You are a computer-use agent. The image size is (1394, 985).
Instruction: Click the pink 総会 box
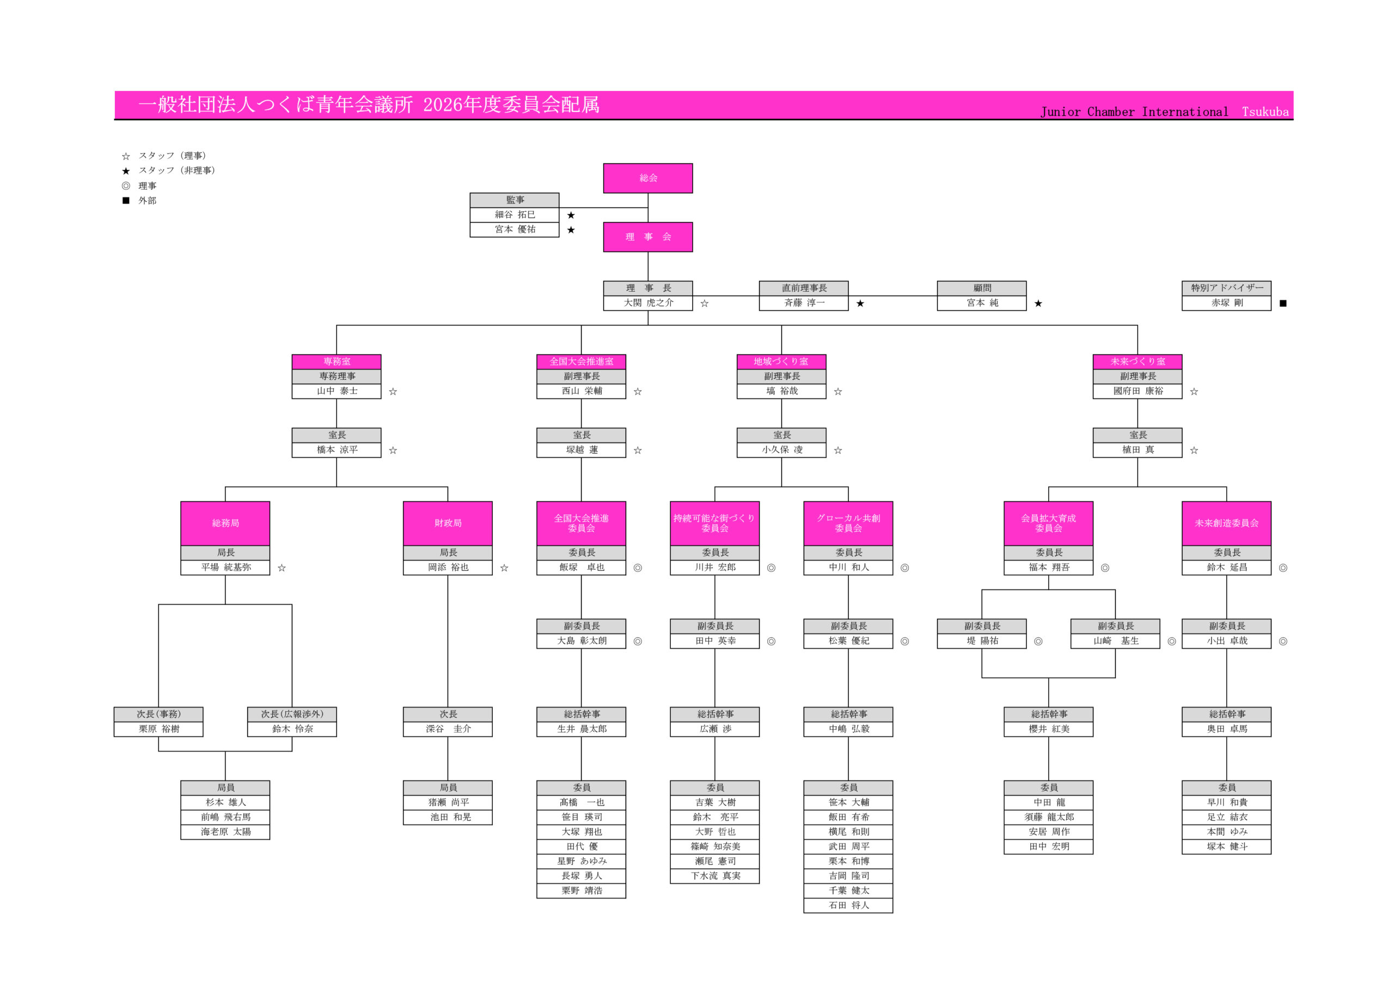pos(648,178)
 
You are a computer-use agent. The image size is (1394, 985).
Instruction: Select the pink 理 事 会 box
pos(648,237)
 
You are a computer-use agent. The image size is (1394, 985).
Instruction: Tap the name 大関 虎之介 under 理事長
pos(648,303)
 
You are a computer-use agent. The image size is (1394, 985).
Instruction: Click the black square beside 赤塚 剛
pos(1283,304)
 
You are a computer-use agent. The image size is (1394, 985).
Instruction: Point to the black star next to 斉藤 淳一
pos(860,304)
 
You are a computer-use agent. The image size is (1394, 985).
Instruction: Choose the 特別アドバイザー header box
pos(1226,288)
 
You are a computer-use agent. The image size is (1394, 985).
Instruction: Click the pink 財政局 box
pos(448,523)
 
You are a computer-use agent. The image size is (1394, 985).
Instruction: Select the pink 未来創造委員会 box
pos(1226,523)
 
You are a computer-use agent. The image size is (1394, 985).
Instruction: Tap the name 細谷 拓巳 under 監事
pos(514,215)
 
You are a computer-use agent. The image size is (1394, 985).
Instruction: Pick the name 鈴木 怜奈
pos(292,729)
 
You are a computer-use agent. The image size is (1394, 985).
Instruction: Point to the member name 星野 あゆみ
pos(581,861)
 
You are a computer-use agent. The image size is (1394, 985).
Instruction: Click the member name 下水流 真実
pos(714,876)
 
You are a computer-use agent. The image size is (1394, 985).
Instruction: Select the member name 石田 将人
pos(848,906)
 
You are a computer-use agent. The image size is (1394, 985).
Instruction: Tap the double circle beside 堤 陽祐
pos(1038,642)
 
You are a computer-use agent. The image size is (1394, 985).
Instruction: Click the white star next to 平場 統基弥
pos(282,568)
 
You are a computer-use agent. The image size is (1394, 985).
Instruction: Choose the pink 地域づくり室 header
pos(781,362)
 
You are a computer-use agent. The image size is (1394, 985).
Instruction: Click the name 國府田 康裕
pos(1137,391)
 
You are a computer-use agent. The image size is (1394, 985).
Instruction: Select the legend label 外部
pos(147,201)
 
